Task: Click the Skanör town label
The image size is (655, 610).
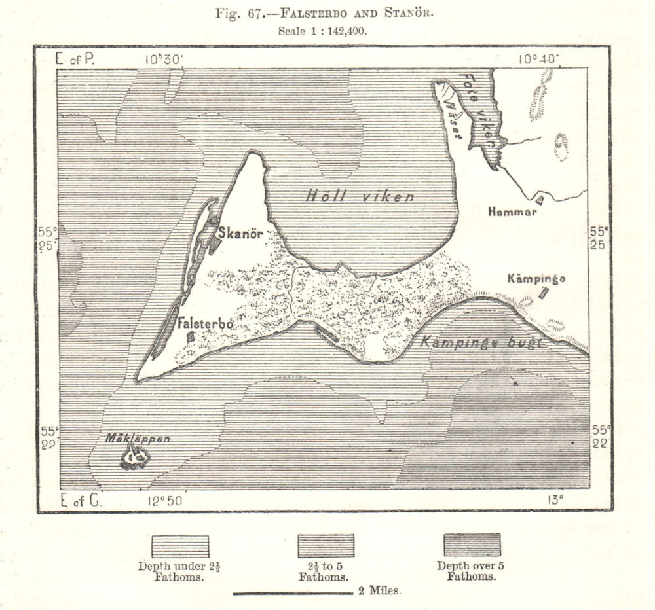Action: pyautogui.click(x=240, y=233)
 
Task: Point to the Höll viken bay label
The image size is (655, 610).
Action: pyautogui.click(x=360, y=196)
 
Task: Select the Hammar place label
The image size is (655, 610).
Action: pyautogui.click(x=512, y=212)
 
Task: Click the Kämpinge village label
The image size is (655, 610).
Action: pyautogui.click(x=536, y=279)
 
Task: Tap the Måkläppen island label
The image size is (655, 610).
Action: pyautogui.click(x=138, y=439)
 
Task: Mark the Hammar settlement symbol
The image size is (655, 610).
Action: pyautogui.click(x=539, y=200)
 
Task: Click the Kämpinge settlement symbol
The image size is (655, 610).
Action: pyautogui.click(x=543, y=293)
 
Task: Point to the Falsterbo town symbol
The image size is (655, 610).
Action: pyautogui.click(x=190, y=336)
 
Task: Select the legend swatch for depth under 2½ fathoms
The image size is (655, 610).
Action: pyautogui.click(x=180, y=546)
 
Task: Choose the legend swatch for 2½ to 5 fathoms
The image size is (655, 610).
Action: pyautogui.click(x=326, y=546)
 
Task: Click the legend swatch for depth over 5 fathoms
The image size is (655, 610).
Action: pyautogui.click(x=472, y=545)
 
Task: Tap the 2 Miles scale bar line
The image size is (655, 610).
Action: pyautogui.click(x=293, y=594)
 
